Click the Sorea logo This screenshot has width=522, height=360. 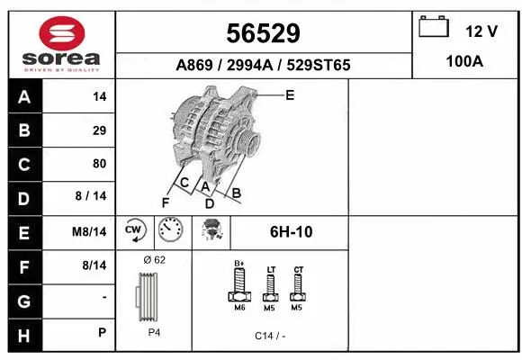(61, 46)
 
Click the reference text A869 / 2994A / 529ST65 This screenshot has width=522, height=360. (263, 65)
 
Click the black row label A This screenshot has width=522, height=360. (24, 96)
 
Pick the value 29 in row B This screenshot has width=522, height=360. (99, 130)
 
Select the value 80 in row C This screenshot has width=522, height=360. (99, 164)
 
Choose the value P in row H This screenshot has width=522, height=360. (101, 332)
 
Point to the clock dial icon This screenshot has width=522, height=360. (170, 230)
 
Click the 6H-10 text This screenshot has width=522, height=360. (291, 232)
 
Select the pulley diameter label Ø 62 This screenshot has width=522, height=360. (154, 260)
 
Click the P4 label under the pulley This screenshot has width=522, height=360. (154, 332)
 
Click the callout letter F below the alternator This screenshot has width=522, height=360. (165, 202)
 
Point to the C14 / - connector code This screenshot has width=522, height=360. (269, 336)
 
